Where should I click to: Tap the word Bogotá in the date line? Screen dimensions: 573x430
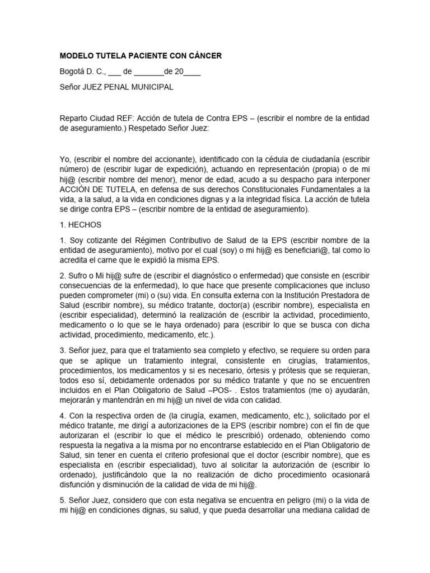pyautogui.click(x=72, y=72)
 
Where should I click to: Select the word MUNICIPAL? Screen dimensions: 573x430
pyautogui.click(x=151, y=87)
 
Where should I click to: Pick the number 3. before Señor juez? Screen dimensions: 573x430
pyautogui.click(x=63, y=350)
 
